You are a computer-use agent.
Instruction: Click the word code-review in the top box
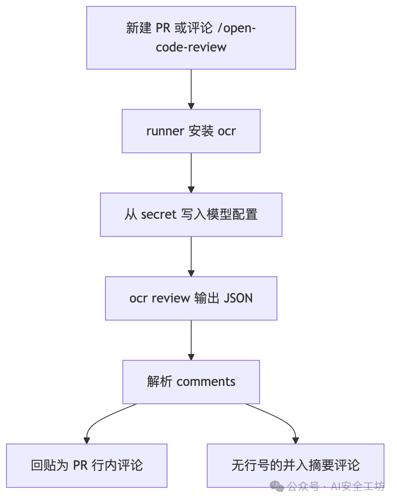pos(191,47)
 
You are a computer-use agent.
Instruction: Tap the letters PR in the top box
pos(163,28)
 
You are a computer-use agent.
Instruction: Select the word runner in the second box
pos(165,131)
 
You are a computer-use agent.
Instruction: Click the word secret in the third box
pos(158,215)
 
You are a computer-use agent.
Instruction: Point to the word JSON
pos(238,298)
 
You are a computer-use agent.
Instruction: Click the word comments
pos(206,382)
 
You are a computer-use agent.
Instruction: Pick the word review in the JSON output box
pos(171,298)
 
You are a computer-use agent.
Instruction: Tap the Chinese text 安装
pos(201,131)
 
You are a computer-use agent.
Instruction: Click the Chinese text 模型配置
pos(232,214)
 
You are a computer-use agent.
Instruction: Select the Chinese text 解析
pos(160,382)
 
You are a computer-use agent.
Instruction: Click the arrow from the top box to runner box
pos(191,89)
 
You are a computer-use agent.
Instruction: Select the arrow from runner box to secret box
pos(191,173)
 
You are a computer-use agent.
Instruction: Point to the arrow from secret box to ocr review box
pos(191,257)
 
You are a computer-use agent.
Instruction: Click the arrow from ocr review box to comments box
pos(191,340)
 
